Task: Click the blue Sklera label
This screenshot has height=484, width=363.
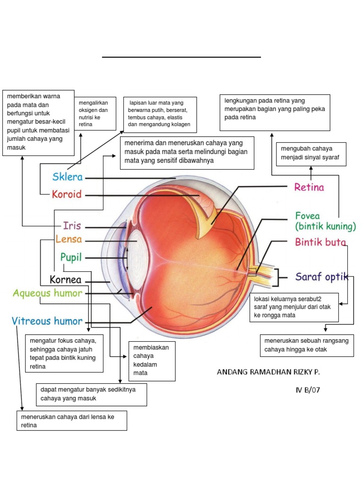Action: (68, 178)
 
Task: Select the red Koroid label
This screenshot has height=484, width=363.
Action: (67, 194)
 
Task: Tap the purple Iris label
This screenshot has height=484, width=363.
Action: (72, 225)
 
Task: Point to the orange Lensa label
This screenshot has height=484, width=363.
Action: (69, 240)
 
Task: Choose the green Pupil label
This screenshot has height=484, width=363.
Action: (71, 258)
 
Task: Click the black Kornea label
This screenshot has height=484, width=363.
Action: (66, 280)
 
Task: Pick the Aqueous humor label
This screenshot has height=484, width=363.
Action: (47, 293)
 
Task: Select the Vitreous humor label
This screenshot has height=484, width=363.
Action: (47, 321)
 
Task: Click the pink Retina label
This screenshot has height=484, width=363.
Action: (309, 188)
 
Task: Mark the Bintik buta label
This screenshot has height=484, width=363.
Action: (320, 242)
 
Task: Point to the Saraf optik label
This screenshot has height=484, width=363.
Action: (322, 277)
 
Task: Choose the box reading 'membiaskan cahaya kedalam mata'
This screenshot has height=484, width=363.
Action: (152, 361)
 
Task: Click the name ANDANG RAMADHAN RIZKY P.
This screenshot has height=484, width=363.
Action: (268, 372)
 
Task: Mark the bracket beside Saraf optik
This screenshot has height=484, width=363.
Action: (280, 277)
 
